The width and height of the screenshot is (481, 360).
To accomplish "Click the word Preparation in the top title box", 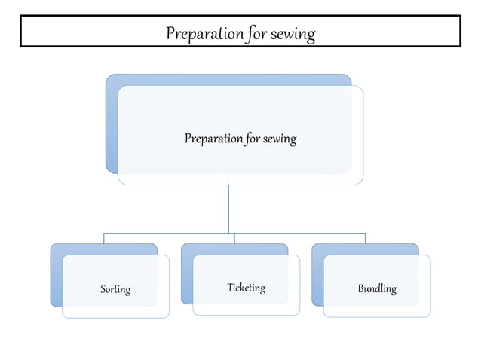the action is tap(204, 34).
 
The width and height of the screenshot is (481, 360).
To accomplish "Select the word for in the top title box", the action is tap(257, 34).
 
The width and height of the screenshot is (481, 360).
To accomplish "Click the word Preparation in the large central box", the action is tap(213, 139).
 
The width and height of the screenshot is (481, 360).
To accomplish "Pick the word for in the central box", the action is tap(253, 139).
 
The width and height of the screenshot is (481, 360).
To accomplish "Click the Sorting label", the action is tap(115, 289).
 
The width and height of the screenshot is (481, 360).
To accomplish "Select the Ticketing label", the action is tap(247, 288).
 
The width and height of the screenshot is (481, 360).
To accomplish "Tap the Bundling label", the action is tap(377, 289).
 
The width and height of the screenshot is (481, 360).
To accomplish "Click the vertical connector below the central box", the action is tap(228, 209).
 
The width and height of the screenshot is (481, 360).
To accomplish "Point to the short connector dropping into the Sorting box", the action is tap(104, 239).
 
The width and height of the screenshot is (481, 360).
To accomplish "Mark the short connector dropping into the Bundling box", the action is tap(366, 239).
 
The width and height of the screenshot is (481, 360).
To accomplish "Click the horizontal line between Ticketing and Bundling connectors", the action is tap(300, 233).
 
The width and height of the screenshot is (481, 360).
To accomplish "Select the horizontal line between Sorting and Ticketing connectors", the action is tap(169, 233).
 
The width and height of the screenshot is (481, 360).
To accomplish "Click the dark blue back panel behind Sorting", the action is tap(57, 276).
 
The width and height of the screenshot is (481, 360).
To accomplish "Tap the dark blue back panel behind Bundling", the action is tap(318, 276).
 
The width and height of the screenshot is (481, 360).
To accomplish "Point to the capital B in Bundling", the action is tap(361, 288).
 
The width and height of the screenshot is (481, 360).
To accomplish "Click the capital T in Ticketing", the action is tap(231, 287).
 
